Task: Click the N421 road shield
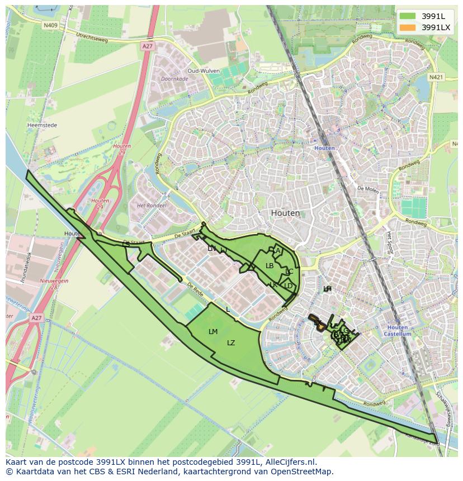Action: click(436, 77)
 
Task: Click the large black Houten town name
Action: click(285, 213)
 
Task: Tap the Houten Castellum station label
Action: click(399, 331)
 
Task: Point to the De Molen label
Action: click(367, 189)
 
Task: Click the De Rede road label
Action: click(195, 289)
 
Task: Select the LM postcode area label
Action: click(213, 332)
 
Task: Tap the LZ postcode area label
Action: click(231, 343)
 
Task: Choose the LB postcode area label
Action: click(270, 266)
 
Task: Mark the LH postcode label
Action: click(327, 289)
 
